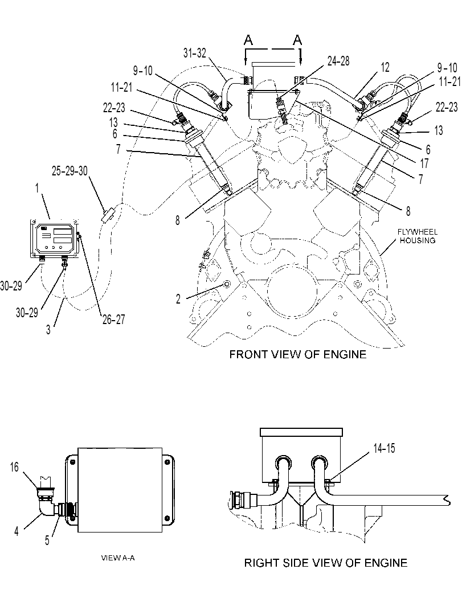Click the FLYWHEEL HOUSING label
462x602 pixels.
tap(417, 236)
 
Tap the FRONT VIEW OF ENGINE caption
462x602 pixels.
tap(297, 354)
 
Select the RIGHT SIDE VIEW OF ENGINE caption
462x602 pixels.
tap(326, 563)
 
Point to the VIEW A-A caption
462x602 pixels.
tap(118, 558)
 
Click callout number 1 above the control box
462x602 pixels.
tap(37, 188)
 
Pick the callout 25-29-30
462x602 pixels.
tap(70, 171)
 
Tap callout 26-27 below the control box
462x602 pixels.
tap(114, 319)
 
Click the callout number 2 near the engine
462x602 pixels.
tap(178, 299)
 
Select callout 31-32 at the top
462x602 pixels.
tap(195, 53)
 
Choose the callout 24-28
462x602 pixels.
tap(338, 61)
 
